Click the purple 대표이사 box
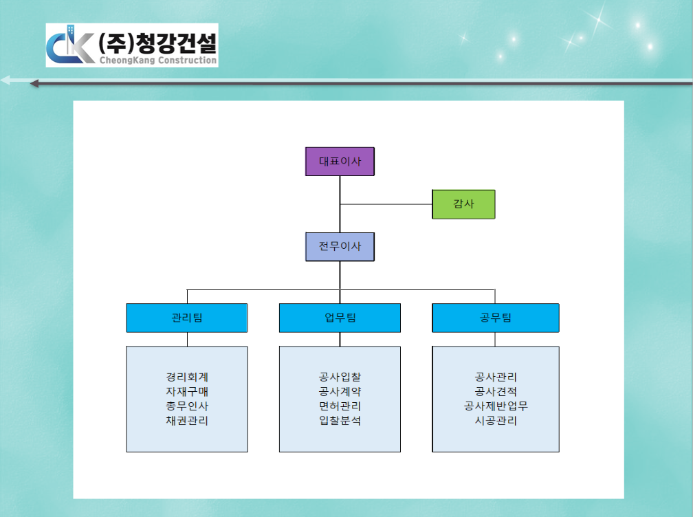pyautogui.click(x=340, y=162)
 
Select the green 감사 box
pyautogui.click(x=463, y=204)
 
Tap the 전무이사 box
pyautogui.click(x=340, y=247)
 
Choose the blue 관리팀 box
pyautogui.click(x=187, y=318)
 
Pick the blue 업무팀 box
pyautogui.click(x=340, y=318)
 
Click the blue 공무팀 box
pyautogui.click(x=496, y=318)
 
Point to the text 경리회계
pyautogui.click(x=187, y=377)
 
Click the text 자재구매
pyautogui.click(x=187, y=391)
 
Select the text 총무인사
pyautogui.click(x=187, y=406)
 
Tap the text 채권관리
pyautogui.click(x=187, y=421)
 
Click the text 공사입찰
pyautogui.click(x=340, y=377)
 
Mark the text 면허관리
pyautogui.click(x=340, y=406)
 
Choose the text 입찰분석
pyautogui.click(x=340, y=421)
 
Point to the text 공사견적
pyautogui.click(x=496, y=391)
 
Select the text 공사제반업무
pyautogui.click(x=496, y=406)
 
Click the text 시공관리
pyautogui.click(x=496, y=421)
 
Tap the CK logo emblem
pyautogui.click(x=70, y=45)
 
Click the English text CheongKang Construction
pyautogui.click(x=158, y=60)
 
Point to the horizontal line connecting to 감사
pyautogui.click(x=386, y=204)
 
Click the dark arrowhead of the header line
pyautogui.click(x=34, y=83)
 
